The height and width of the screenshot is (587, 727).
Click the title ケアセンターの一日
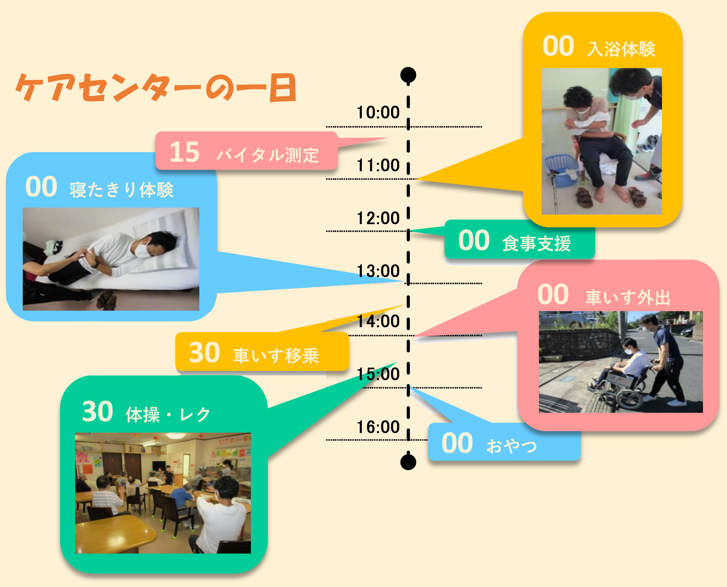[156, 88]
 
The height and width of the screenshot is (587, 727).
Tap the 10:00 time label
[378, 112]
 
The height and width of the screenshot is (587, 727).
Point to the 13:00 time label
[378, 271]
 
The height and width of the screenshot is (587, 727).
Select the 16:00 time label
[378, 427]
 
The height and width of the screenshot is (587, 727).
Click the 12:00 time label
[378, 218]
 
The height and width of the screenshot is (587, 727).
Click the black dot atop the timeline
[408, 75]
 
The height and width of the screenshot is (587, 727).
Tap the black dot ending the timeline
[408, 462]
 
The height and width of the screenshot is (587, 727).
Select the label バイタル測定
[267, 155]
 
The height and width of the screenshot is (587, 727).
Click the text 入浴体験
[621, 49]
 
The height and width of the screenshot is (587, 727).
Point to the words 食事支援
[536, 243]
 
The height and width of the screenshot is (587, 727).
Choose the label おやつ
[512, 445]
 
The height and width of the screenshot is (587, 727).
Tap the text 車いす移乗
[276, 356]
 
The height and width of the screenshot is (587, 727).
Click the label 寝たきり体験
[121, 190]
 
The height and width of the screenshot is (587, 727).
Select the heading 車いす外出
[628, 297]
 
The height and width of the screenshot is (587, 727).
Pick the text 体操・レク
[168, 414]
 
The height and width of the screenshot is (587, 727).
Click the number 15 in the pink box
[185, 152]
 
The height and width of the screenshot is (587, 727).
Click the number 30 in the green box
[97, 411]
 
